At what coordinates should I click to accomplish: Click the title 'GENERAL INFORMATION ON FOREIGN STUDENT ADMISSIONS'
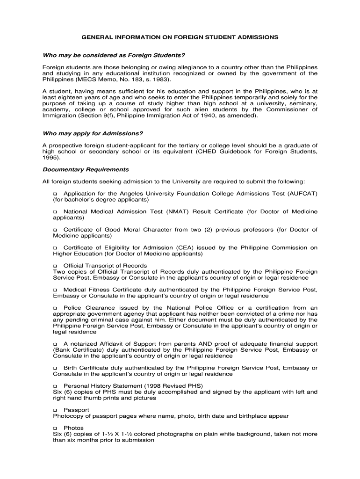tap(180, 36)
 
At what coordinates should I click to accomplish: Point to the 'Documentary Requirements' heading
tap(86, 169)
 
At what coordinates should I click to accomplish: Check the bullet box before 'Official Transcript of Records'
tap(55, 266)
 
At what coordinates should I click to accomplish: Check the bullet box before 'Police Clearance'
tap(55, 308)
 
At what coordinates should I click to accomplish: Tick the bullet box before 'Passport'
tap(55, 410)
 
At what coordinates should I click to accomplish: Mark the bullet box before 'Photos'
tap(55, 428)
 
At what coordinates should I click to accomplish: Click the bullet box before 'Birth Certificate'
tap(55, 368)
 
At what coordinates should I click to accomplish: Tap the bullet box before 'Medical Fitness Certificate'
tap(55, 290)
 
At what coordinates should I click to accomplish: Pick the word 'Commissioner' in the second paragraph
tap(289, 109)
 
